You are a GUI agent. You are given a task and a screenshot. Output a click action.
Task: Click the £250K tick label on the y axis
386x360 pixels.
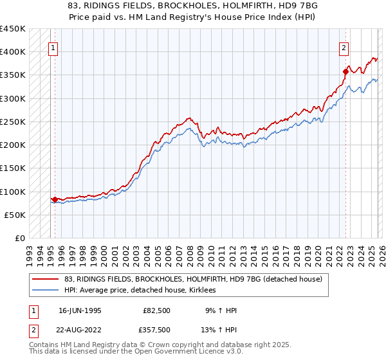[12, 122]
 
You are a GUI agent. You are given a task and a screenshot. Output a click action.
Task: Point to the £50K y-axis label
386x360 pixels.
[15, 215]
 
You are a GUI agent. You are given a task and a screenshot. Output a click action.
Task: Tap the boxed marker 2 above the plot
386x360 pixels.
[344, 47]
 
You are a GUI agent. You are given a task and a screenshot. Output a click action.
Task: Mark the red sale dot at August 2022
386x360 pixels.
[345, 72]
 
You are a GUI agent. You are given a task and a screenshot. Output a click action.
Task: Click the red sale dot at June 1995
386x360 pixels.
[55, 200]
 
